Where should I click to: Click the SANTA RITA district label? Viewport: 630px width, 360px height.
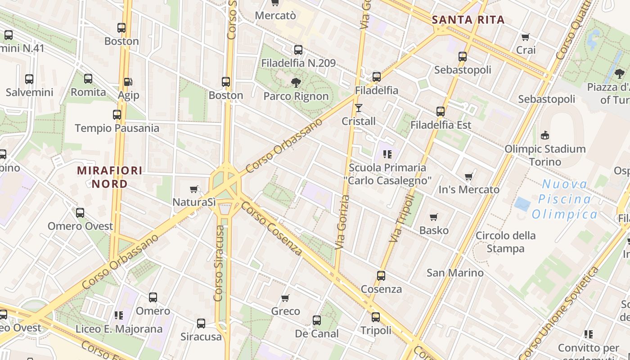[468, 20]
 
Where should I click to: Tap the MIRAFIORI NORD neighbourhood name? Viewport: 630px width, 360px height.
[109, 177]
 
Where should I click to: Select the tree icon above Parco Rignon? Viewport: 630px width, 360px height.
[296, 82]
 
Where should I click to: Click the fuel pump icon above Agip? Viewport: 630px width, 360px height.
[128, 81]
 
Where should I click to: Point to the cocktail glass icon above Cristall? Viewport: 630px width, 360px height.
[358, 108]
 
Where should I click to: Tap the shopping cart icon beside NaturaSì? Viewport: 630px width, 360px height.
[194, 189]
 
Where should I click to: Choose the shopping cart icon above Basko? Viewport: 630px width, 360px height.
[434, 217]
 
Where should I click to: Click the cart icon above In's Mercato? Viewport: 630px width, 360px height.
[469, 176]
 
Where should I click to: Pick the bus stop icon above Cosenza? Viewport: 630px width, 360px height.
[381, 275]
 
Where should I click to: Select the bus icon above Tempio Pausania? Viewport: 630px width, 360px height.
[117, 115]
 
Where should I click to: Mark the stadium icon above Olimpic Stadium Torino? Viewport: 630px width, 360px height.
[544, 135]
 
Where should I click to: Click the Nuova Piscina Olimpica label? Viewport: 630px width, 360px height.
[565, 199]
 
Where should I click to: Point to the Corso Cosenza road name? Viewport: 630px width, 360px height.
[272, 228]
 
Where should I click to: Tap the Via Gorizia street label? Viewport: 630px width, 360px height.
[342, 222]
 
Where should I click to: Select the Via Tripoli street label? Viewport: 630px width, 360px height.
[401, 218]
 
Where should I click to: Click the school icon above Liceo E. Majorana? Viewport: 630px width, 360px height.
[119, 315]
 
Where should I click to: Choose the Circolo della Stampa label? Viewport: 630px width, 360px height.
[506, 242]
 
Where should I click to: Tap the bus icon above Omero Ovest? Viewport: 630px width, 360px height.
[80, 213]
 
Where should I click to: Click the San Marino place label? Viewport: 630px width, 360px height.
[455, 273]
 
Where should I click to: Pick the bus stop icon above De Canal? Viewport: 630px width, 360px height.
[317, 320]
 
